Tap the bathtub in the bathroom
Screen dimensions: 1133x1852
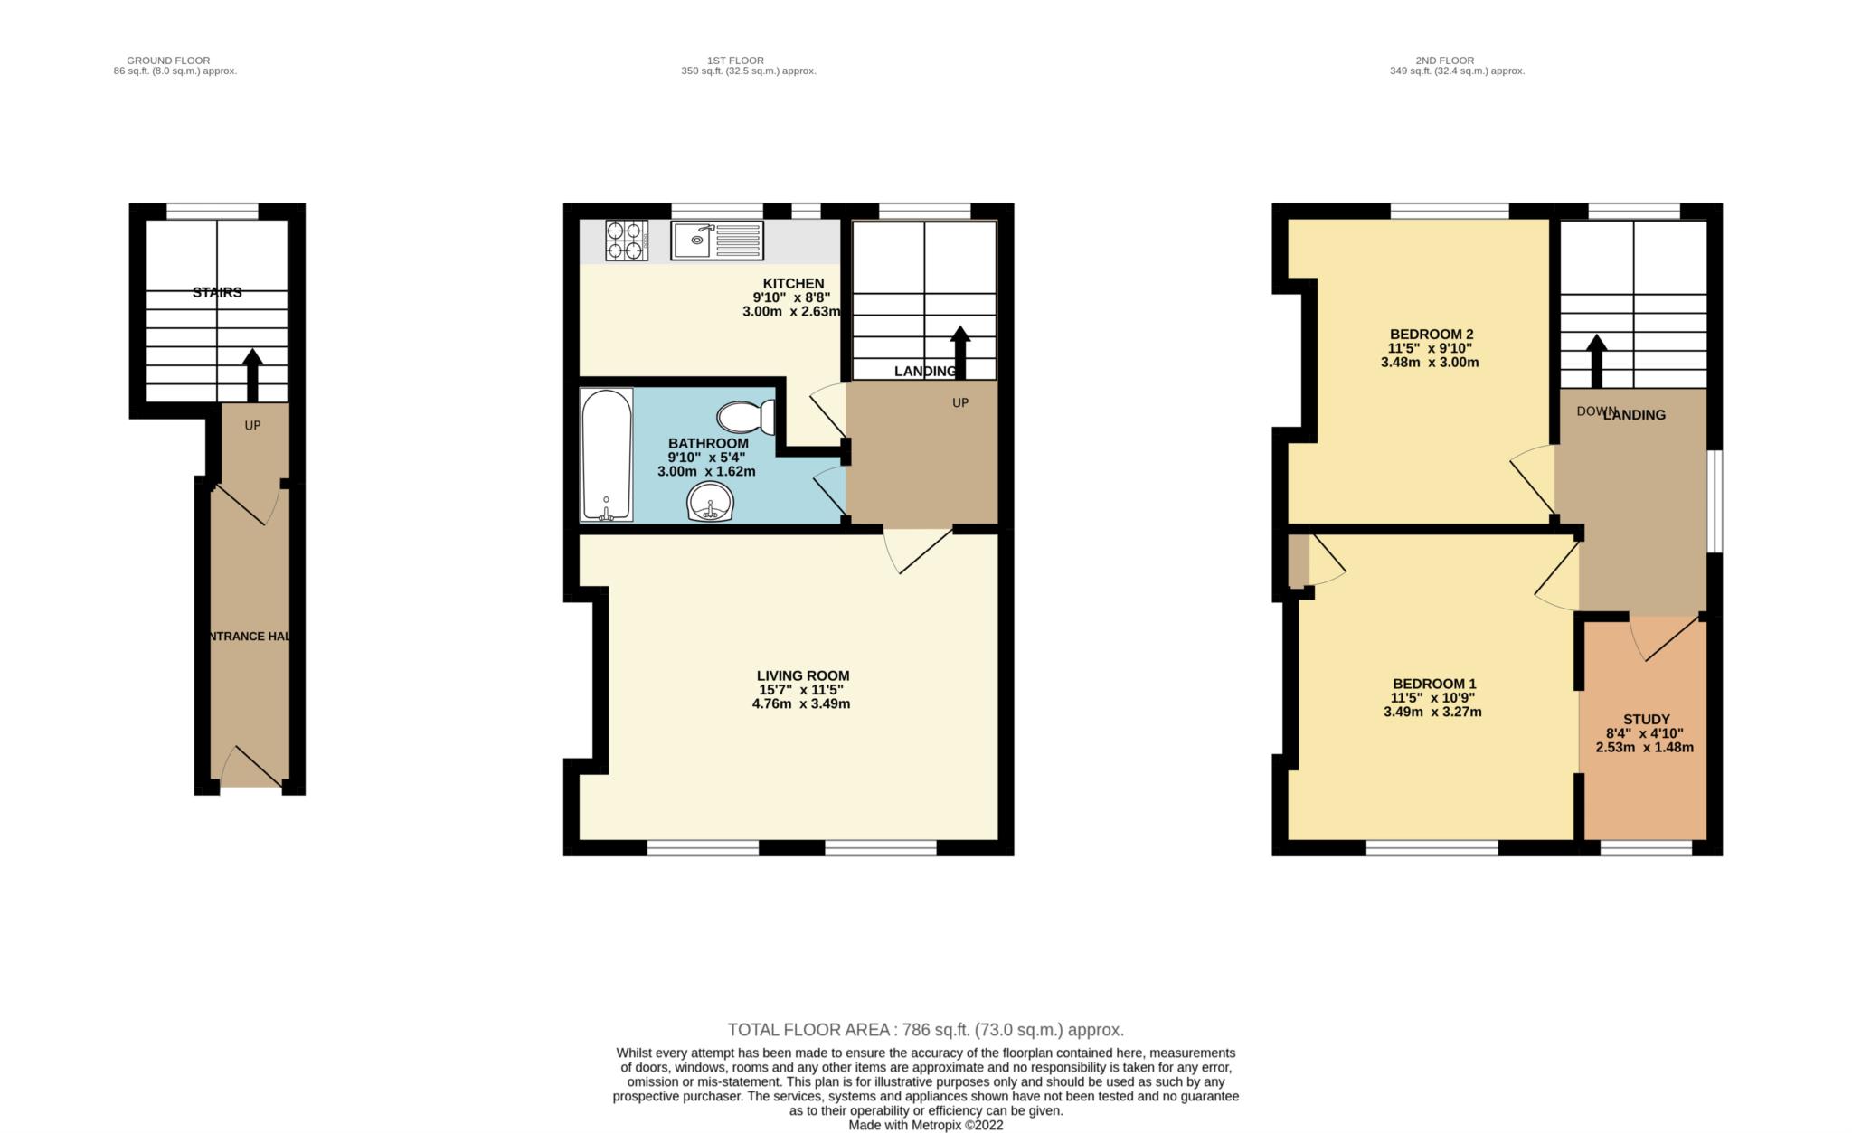tap(607, 455)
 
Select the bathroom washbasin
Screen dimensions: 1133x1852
tap(710, 502)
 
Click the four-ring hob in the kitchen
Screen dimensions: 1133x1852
tap(627, 241)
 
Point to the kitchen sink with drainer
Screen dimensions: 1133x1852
tap(717, 241)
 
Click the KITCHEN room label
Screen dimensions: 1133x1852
tap(793, 283)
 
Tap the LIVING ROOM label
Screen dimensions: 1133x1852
tap(803, 675)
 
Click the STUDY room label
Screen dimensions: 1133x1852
tap(1646, 720)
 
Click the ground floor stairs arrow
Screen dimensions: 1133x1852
tap(252, 374)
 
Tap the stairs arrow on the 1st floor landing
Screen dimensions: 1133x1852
tap(959, 352)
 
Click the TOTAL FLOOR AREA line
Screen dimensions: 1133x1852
tap(925, 1029)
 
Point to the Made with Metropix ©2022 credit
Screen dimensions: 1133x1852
tap(925, 1126)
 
